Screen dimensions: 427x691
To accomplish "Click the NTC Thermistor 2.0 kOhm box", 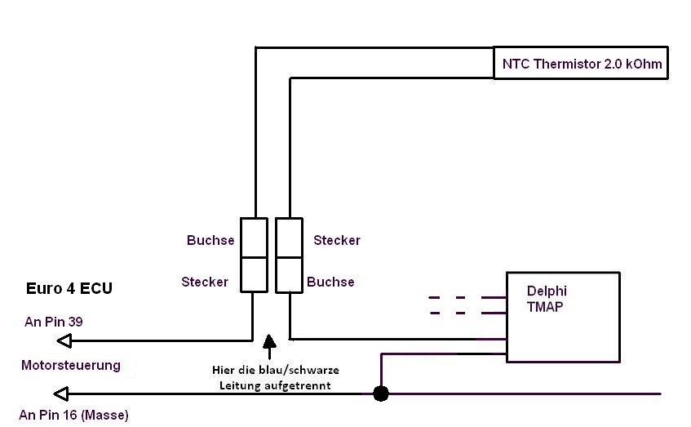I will [580, 63].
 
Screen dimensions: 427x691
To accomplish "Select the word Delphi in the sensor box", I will [547, 291].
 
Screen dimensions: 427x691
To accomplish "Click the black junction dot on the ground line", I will [380, 394].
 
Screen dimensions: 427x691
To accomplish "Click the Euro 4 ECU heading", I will [69, 288].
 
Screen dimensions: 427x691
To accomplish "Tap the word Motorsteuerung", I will [70, 366].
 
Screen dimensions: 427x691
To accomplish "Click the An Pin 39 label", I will [54, 322].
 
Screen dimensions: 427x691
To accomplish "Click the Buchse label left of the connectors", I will [210, 240].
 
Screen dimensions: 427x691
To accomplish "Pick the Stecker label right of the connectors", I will [336, 240].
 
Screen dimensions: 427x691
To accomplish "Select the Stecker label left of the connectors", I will [205, 282].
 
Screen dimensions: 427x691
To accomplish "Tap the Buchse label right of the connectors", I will [330, 282].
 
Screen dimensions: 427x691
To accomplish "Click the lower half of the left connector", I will [254, 274].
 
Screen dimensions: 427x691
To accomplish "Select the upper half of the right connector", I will [290, 238].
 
